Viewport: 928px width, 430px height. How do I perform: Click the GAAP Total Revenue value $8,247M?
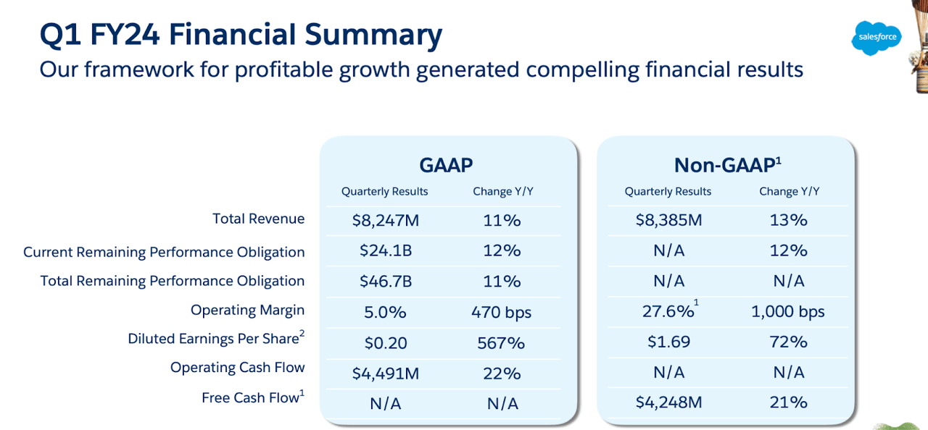click(x=385, y=220)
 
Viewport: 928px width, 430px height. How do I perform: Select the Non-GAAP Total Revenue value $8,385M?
click(x=668, y=220)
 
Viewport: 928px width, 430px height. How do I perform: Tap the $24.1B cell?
click(x=385, y=250)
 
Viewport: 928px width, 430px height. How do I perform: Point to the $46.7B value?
click(x=385, y=281)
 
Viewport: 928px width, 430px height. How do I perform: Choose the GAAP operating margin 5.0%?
click(x=385, y=312)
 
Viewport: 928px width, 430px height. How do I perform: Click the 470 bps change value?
click(x=502, y=312)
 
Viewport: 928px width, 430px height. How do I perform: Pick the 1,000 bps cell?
click(x=789, y=312)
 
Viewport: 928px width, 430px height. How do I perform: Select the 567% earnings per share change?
click(x=502, y=342)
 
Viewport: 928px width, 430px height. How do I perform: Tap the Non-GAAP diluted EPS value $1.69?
click(x=668, y=342)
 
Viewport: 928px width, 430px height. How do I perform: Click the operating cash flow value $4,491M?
click(x=385, y=374)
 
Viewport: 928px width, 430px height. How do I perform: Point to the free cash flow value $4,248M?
click(x=668, y=402)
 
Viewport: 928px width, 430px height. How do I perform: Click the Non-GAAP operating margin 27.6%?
click(x=668, y=312)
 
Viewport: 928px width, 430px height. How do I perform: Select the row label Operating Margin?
click(x=247, y=310)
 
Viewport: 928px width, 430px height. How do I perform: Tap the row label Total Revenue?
click(x=258, y=219)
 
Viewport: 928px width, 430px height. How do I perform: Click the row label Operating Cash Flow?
click(x=237, y=368)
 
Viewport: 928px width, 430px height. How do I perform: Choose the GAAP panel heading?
click(x=447, y=165)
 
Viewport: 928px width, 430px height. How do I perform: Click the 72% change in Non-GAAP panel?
click(x=789, y=342)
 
